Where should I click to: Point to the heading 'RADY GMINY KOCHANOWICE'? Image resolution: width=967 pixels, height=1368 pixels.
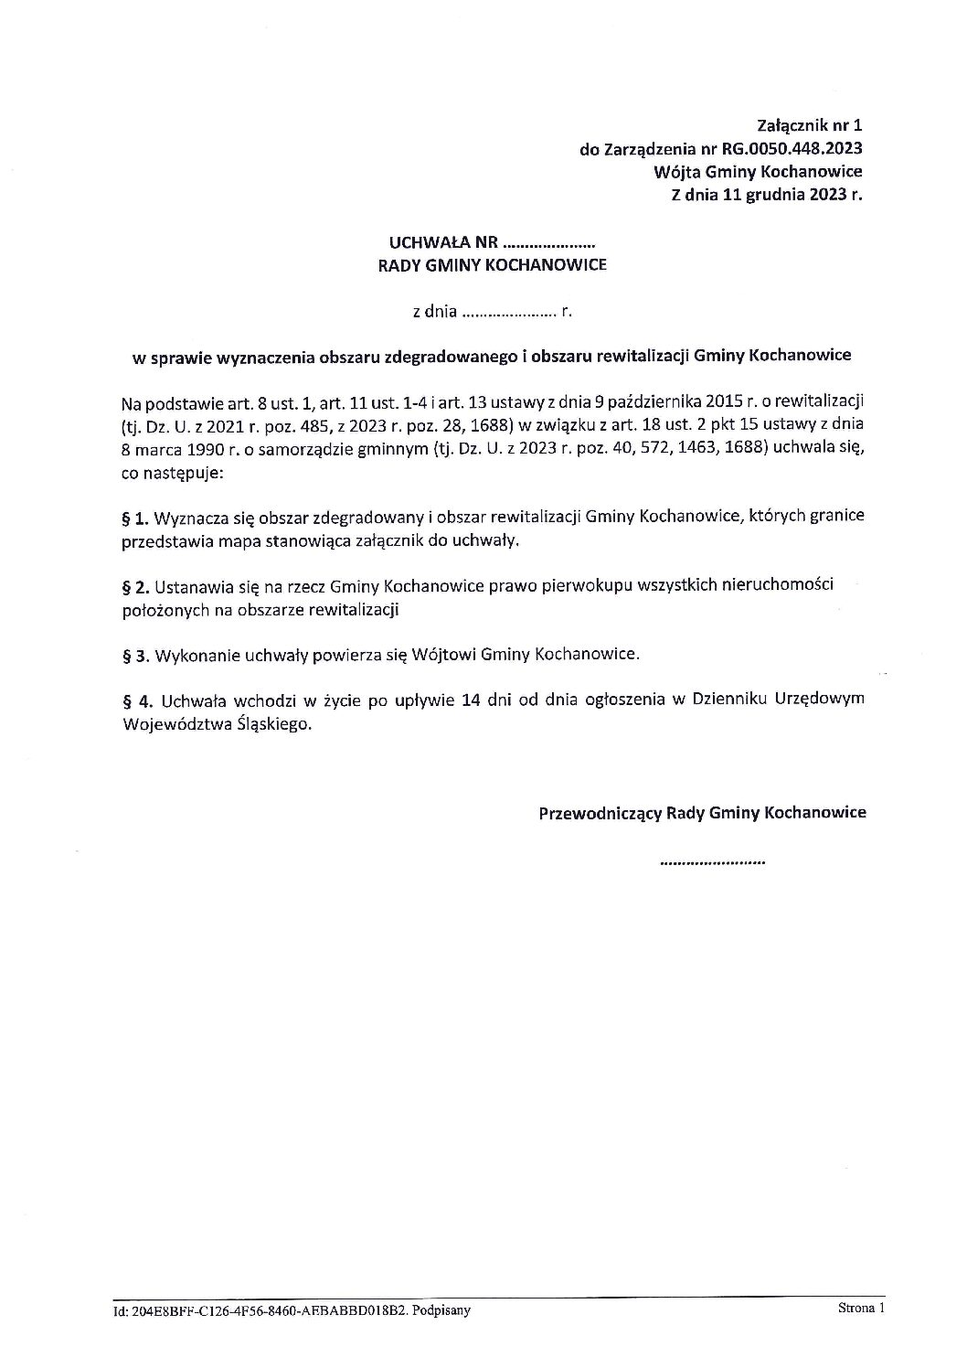[x=493, y=267]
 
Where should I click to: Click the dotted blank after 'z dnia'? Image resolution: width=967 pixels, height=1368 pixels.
[x=509, y=312]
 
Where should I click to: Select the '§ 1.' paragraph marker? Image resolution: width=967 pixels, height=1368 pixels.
[x=134, y=518]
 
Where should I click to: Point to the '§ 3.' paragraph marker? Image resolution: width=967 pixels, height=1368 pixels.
[x=134, y=655]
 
